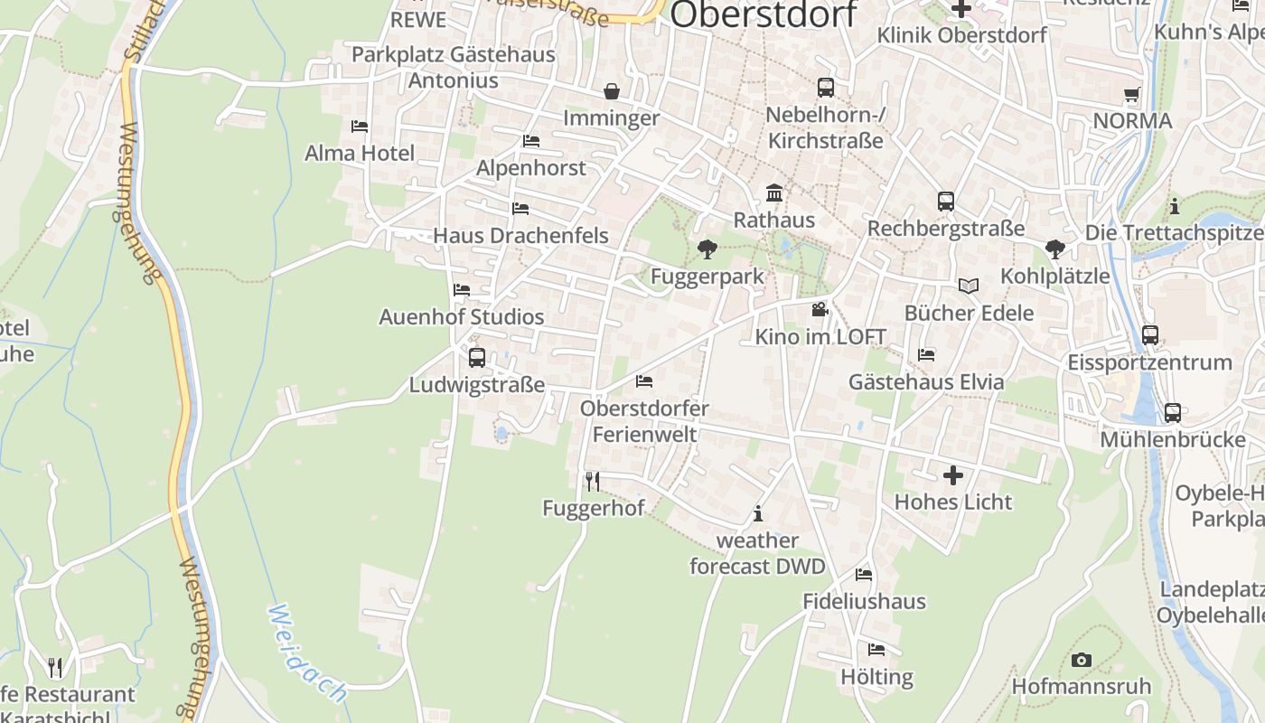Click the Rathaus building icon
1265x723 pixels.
(774, 193)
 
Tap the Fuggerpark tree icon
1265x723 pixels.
(707, 249)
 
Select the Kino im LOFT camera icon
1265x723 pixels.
(820, 310)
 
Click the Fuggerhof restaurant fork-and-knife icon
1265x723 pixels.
(592, 481)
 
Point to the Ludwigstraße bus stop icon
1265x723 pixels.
(477, 357)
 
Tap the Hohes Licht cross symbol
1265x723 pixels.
(953, 474)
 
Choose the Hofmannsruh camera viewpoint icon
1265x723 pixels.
(1082, 660)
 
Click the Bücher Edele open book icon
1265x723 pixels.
(969, 286)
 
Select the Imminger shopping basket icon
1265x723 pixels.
(612, 91)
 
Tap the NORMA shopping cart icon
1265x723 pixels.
(1131, 94)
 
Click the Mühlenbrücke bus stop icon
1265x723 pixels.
(1173, 412)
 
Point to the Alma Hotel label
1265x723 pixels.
(360, 153)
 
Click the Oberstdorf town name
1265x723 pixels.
(764, 14)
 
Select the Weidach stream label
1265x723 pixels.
(306, 653)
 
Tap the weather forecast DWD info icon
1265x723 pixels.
(758, 514)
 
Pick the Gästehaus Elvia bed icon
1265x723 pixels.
(926, 354)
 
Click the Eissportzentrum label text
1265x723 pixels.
(1149, 362)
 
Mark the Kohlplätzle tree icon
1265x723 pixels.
(1054, 249)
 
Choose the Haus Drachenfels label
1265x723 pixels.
(520, 235)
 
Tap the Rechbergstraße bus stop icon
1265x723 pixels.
(946, 202)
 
